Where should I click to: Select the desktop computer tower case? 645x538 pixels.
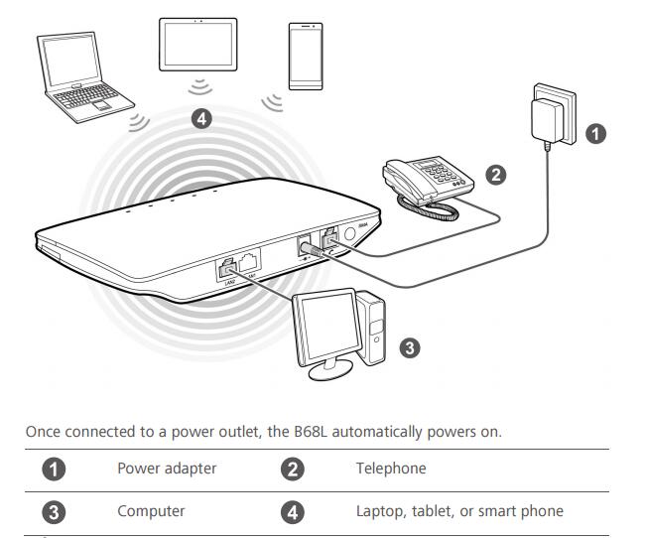[373, 327]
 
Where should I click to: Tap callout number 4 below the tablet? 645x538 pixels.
[202, 119]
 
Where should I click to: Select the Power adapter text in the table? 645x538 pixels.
[167, 469]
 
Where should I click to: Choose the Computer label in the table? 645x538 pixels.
[151, 511]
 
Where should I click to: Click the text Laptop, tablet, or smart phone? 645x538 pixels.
[458, 511]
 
